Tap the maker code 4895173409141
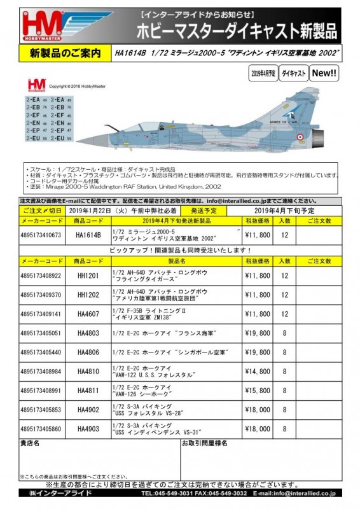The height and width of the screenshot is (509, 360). click(x=42, y=314)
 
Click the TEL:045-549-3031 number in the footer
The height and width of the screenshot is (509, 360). click(x=168, y=493)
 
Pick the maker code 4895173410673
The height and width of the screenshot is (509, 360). click(x=42, y=235)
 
